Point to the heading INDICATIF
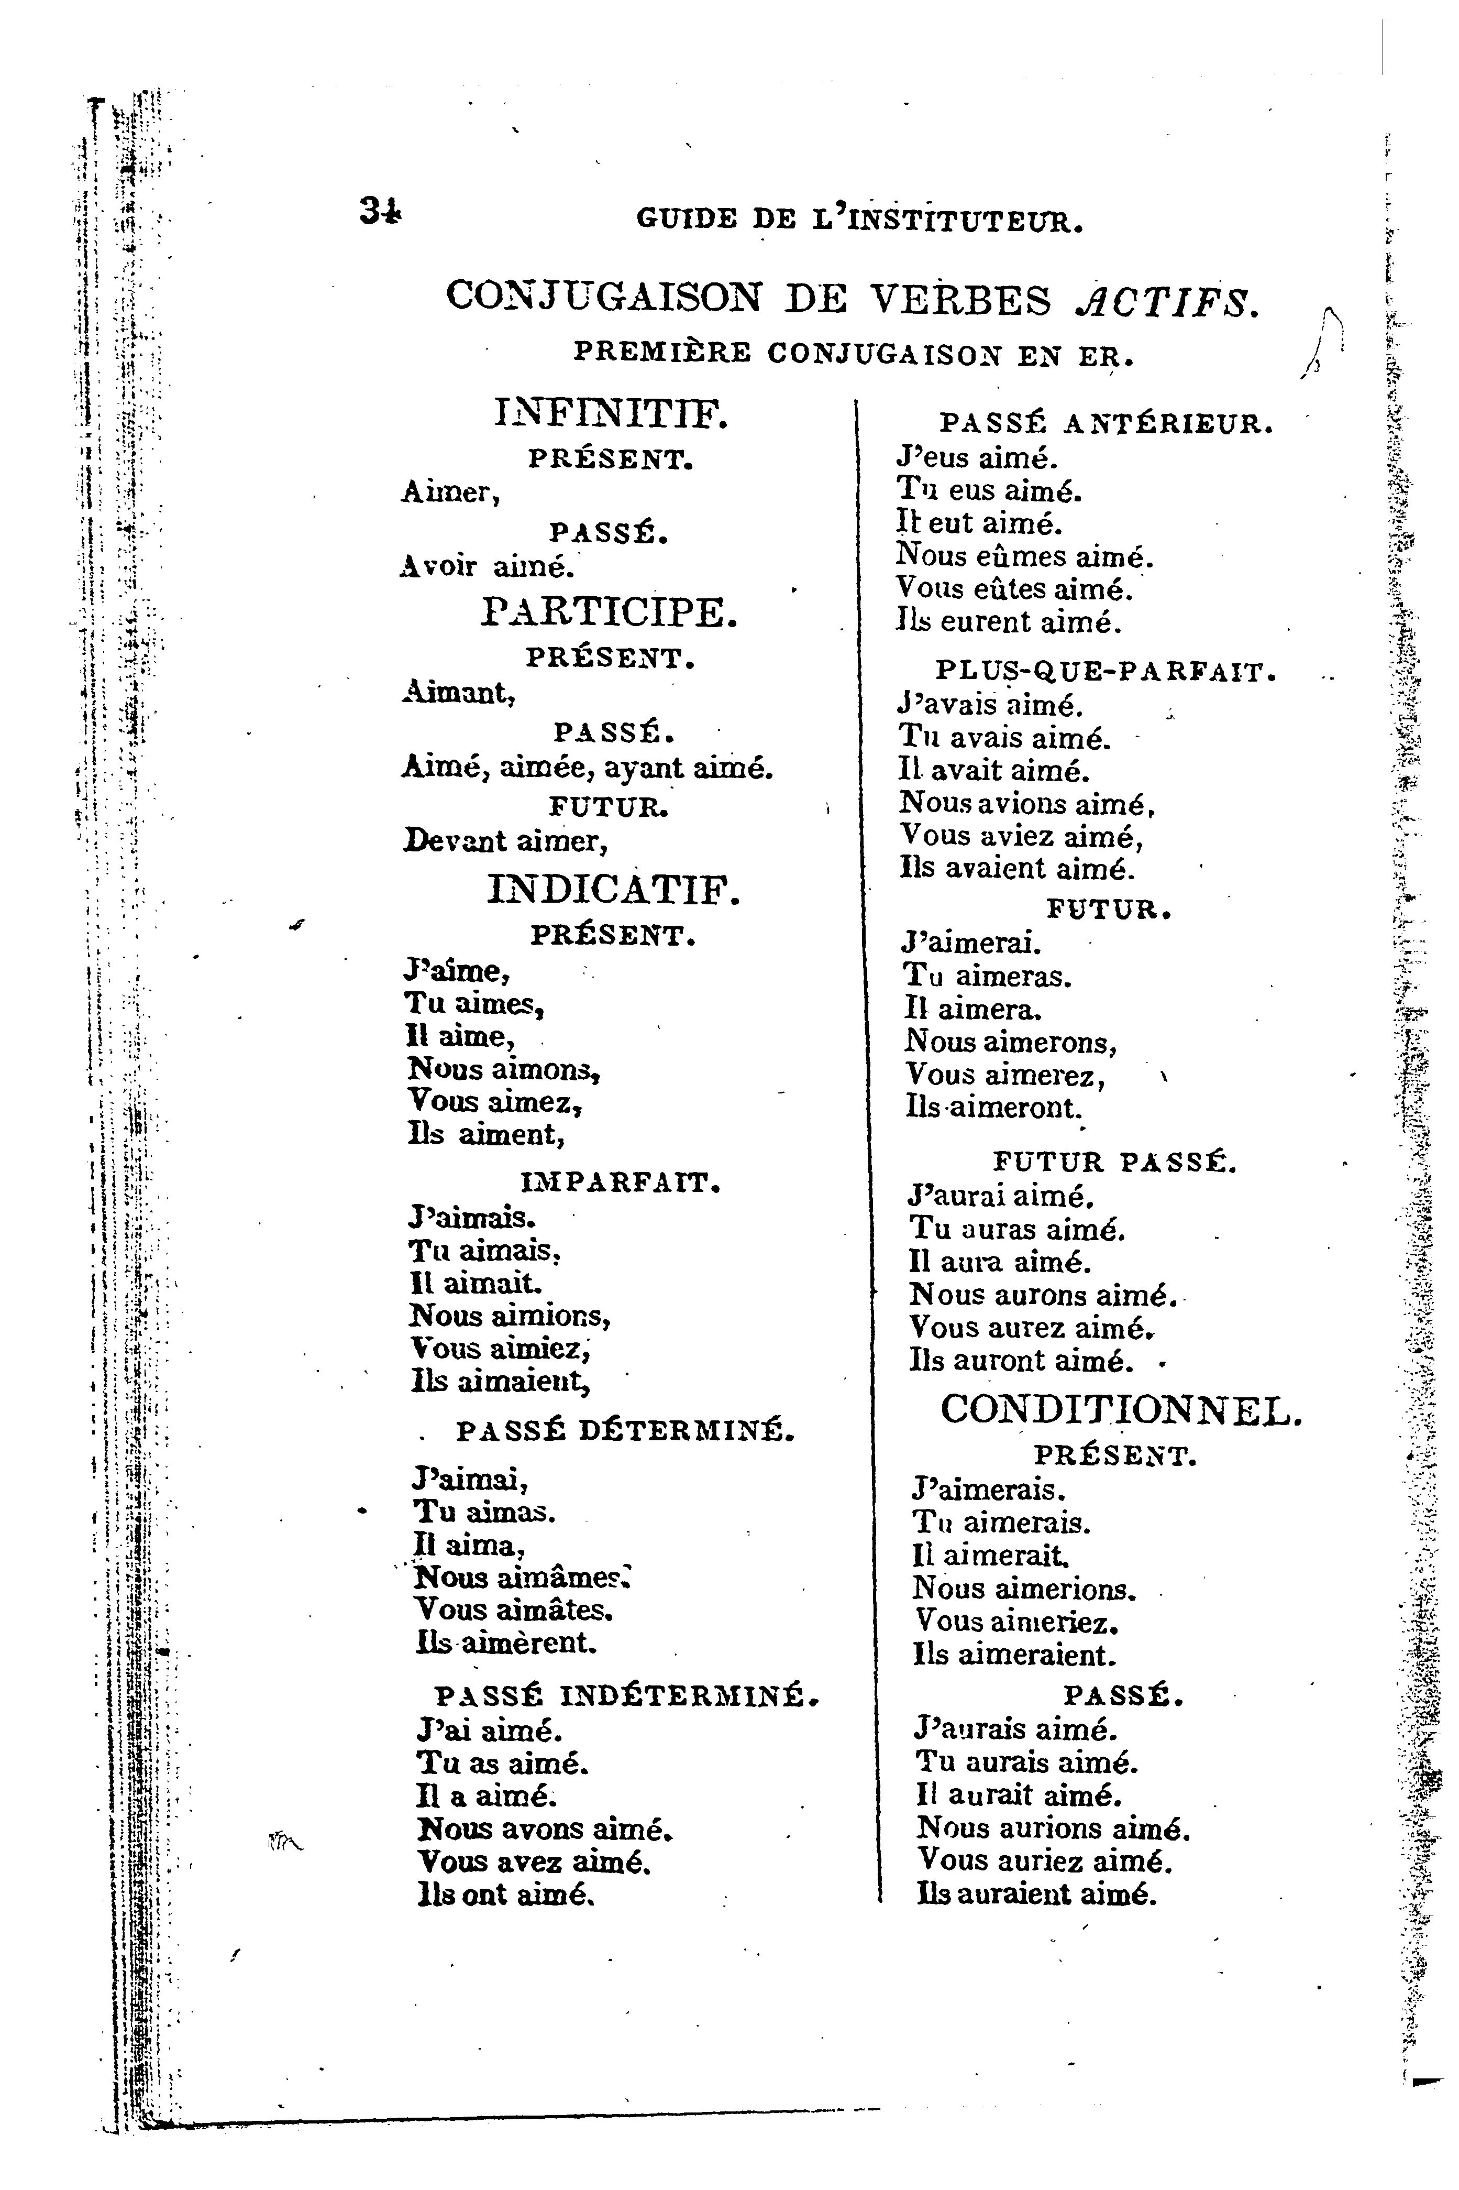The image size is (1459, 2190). [x=614, y=891]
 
